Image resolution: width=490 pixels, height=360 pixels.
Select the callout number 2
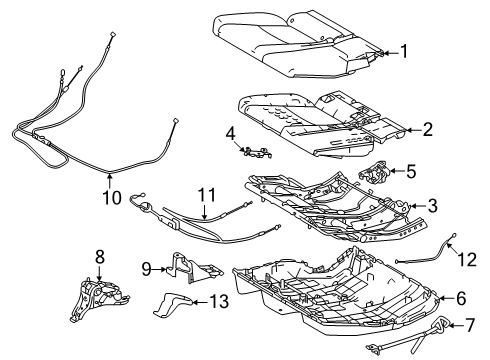coord(427,129)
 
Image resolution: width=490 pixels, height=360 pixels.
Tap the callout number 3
coord(432,205)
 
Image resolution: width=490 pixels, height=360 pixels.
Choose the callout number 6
coord(460,297)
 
